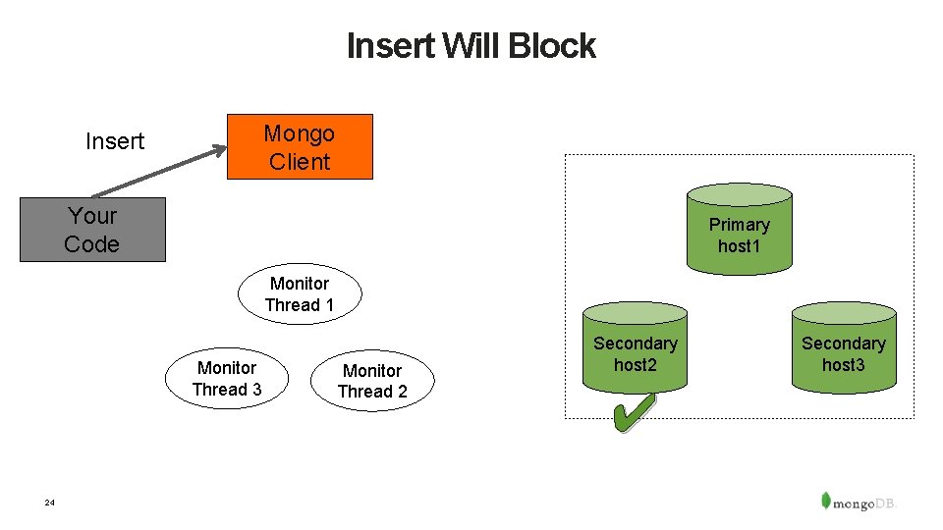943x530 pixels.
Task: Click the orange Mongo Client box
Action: (x=300, y=147)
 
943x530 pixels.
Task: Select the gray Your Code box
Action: (x=92, y=230)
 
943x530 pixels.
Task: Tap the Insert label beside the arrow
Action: (x=115, y=141)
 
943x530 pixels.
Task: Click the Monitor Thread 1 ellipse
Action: (x=300, y=293)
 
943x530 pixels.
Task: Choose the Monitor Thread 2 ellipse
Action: (x=372, y=381)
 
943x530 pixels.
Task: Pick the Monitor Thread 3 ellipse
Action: (x=227, y=378)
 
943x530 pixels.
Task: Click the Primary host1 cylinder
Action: (x=739, y=228)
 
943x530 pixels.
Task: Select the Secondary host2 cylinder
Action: (x=635, y=347)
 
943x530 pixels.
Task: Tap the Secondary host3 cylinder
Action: (x=844, y=347)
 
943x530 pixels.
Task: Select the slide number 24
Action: (x=50, y=503)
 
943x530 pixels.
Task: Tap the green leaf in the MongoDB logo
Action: (x=826, y=499)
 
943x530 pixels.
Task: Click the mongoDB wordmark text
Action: (x=865, y=503)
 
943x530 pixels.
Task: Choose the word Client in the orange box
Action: (x=300, y=162)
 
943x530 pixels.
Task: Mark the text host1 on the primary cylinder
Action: (x=739, y=246)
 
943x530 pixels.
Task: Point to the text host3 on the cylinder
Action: (x=844, y=365)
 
